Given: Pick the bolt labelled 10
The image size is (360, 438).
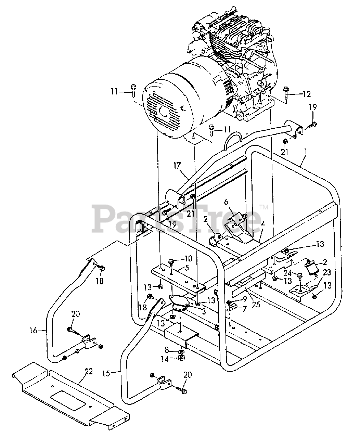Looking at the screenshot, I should [x=171, y=262].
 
